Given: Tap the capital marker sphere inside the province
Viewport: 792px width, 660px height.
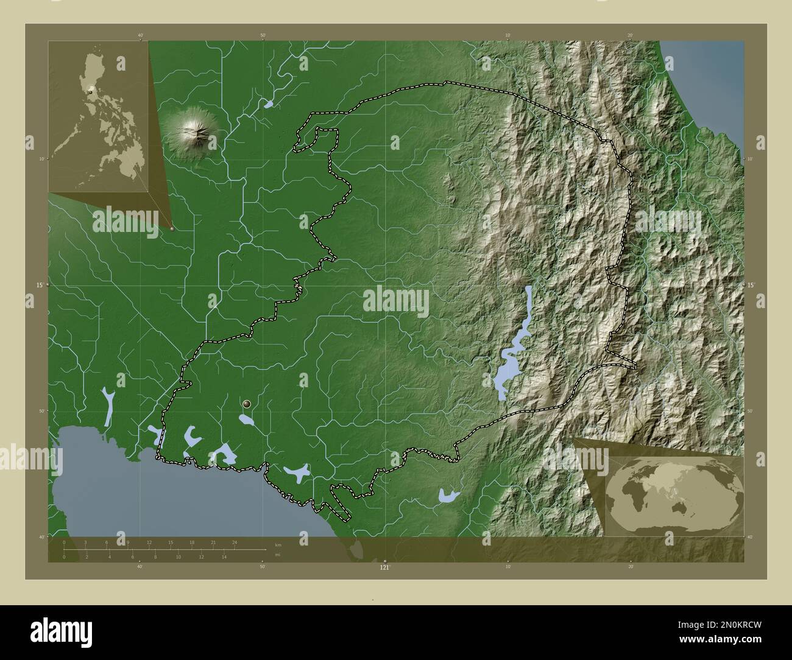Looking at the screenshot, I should [x=247, y=404].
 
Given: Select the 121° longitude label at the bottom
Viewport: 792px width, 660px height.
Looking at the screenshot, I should [x=384, y=567].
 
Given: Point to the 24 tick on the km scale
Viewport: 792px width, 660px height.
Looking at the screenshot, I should [x=234, y=542].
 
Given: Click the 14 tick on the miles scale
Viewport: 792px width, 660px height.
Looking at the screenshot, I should [x=224, y=557].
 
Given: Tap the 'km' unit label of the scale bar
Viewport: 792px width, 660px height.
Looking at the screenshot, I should [x=278, y=545].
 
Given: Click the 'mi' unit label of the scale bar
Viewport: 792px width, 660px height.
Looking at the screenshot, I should [x=277, y=555].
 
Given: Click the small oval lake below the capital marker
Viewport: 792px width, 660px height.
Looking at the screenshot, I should [x=247, y=420].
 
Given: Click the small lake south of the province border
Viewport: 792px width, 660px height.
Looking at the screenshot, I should [x=448, y=495].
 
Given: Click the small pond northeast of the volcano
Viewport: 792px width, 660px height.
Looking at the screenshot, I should [x=268, y=104].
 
